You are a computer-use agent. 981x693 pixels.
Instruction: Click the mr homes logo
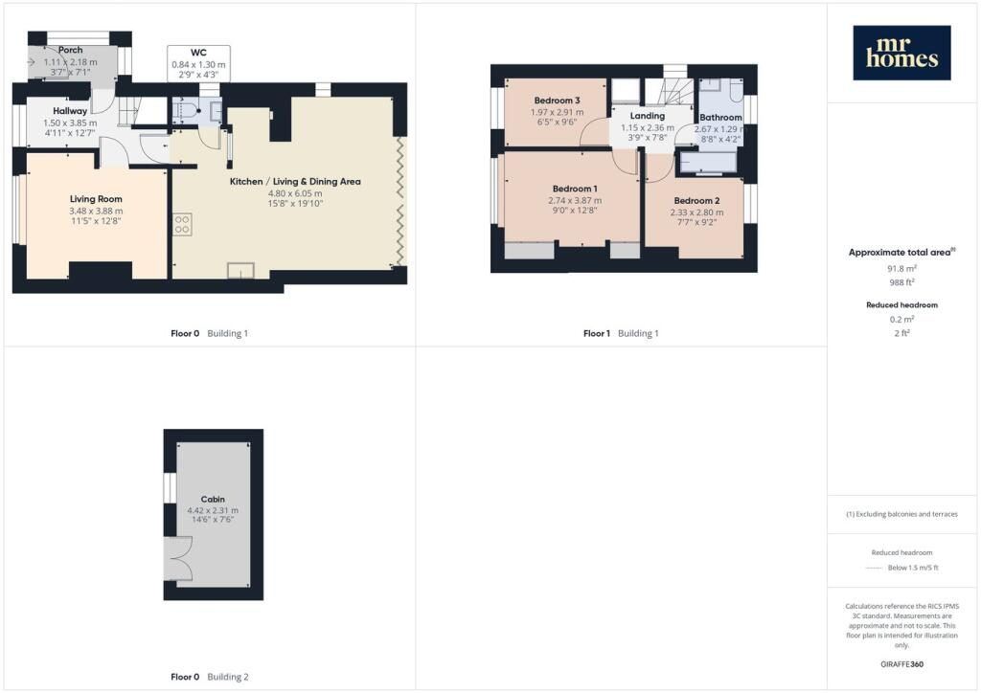click(901, 53)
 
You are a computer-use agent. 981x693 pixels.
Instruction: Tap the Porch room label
click(71, 50)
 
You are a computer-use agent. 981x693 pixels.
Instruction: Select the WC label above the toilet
click(198, 53)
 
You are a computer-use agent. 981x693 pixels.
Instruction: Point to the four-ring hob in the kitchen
click(182, 224)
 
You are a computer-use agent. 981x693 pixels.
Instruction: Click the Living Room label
click(96, 199)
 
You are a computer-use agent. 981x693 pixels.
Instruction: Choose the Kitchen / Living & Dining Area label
click(295, 181)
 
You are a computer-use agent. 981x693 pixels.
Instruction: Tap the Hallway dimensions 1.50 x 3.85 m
click(70, 123)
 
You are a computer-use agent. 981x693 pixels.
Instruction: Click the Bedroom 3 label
click(557, 100)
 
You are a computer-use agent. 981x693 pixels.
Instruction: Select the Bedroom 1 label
click(575, 189)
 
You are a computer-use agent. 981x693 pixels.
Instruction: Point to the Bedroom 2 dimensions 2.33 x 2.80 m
click(697, 212)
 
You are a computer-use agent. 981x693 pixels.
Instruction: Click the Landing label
click(648, 116)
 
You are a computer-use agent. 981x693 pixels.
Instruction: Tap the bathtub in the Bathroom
click(708, 163)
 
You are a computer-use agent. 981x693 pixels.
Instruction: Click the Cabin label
click(213, 500)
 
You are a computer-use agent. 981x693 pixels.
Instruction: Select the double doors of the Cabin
click(178, 558)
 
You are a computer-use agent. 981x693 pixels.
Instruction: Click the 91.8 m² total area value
click(901, 269)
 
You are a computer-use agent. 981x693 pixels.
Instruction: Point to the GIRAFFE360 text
click(901, 664)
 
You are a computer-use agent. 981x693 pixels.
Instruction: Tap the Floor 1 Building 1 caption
click(621, 333)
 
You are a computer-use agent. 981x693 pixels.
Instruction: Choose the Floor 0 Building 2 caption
click(210, 677)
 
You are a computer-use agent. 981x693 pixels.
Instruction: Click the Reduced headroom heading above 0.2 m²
click(901, 305)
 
